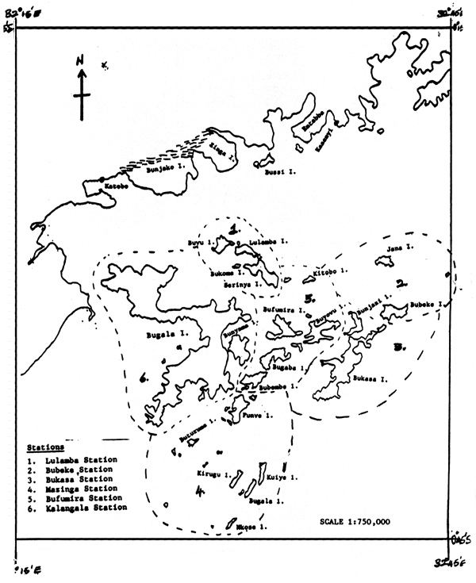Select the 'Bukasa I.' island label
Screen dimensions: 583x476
[x=370, y=380]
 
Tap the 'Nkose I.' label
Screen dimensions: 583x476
[x=250, y=526]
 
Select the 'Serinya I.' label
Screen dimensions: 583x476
[x=242, y=284]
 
